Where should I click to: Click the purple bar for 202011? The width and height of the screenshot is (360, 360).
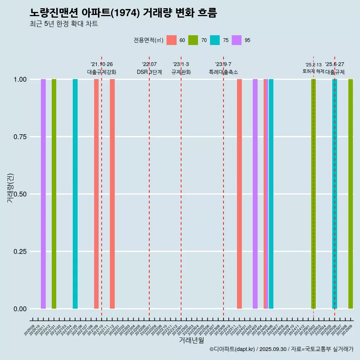(43, 194)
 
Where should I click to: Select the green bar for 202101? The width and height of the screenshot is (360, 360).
(54, 194)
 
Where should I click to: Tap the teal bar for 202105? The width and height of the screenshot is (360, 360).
(75, 194)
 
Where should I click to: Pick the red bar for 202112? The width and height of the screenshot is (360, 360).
(112, 194)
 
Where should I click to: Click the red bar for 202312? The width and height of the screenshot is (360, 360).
(239, 194)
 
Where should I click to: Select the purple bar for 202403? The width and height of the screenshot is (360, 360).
(255, 194)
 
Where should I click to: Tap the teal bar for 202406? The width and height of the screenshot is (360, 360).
(271, 194)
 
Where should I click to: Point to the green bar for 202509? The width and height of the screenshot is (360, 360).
(351, 194)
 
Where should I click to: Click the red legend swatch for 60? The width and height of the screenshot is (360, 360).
(171, 40)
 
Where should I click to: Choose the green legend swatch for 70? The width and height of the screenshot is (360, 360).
(193, 40)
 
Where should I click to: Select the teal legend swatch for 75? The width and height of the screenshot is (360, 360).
(215, 40)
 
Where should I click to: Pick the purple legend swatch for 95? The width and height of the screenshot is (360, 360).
(237, 40)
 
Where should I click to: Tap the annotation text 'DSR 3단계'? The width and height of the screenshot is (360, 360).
(149, 72)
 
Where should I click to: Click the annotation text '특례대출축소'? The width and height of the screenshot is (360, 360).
(223, 72)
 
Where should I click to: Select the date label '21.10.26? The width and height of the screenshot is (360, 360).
(102, 64)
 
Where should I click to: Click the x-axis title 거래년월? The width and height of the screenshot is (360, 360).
(191, 340)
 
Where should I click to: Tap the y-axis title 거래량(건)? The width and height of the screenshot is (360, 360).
(10, 188)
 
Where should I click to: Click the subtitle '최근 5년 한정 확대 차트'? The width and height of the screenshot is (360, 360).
(64, 24)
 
